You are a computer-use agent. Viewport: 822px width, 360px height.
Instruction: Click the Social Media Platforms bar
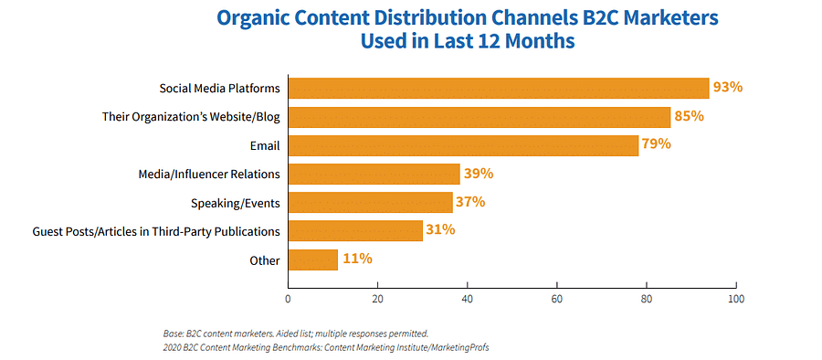pos(498,88)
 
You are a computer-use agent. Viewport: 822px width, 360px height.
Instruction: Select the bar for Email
pos(463,144)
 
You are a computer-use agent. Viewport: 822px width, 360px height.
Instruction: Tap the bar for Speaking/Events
pos(370,202)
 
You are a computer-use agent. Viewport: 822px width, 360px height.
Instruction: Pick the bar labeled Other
pos(312,259)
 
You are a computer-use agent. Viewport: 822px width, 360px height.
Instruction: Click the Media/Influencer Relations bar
pos(374,174)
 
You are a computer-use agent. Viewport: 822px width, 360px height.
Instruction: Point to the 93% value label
pos(728,88)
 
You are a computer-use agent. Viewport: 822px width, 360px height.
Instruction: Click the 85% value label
pos(690,116)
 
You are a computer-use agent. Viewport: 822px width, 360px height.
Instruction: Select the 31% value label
pos(440,230)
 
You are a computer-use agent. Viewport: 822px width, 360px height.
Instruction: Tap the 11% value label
pos(356,259)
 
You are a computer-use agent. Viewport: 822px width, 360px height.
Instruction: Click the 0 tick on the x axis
pos(288,299)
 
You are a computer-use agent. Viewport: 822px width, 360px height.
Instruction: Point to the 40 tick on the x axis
pos(467,299)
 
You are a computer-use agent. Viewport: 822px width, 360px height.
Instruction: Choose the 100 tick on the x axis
pos(735,299)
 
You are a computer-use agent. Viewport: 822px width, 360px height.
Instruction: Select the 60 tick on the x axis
pos(556,299)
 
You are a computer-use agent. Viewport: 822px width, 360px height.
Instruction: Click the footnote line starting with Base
pos(290,334)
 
